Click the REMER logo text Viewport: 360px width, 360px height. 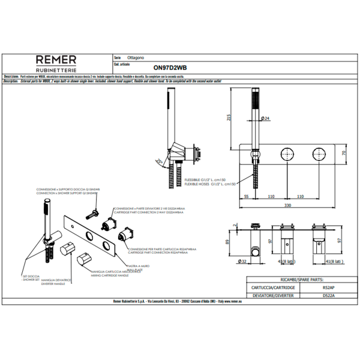pyautogui.click(x=56, y=59)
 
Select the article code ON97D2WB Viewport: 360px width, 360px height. pyautogui.click(x=170, y=68)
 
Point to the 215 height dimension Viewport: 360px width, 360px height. pyautogui.click(x=229, y=118)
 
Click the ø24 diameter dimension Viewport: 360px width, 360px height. pyautogui.click(x=265, y=119)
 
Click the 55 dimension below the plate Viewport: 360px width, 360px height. pyautogui.click(x=246, y=196)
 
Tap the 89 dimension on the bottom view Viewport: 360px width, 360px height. pyautogui.click(x=227, y=242)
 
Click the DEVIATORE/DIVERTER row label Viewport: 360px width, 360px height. pyautogui.click(x=264, y=295)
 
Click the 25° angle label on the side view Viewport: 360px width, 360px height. pyautogui.click(x=158, y=161)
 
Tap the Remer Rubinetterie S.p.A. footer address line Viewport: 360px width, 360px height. pyautogui.click(x=180, y=302)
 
